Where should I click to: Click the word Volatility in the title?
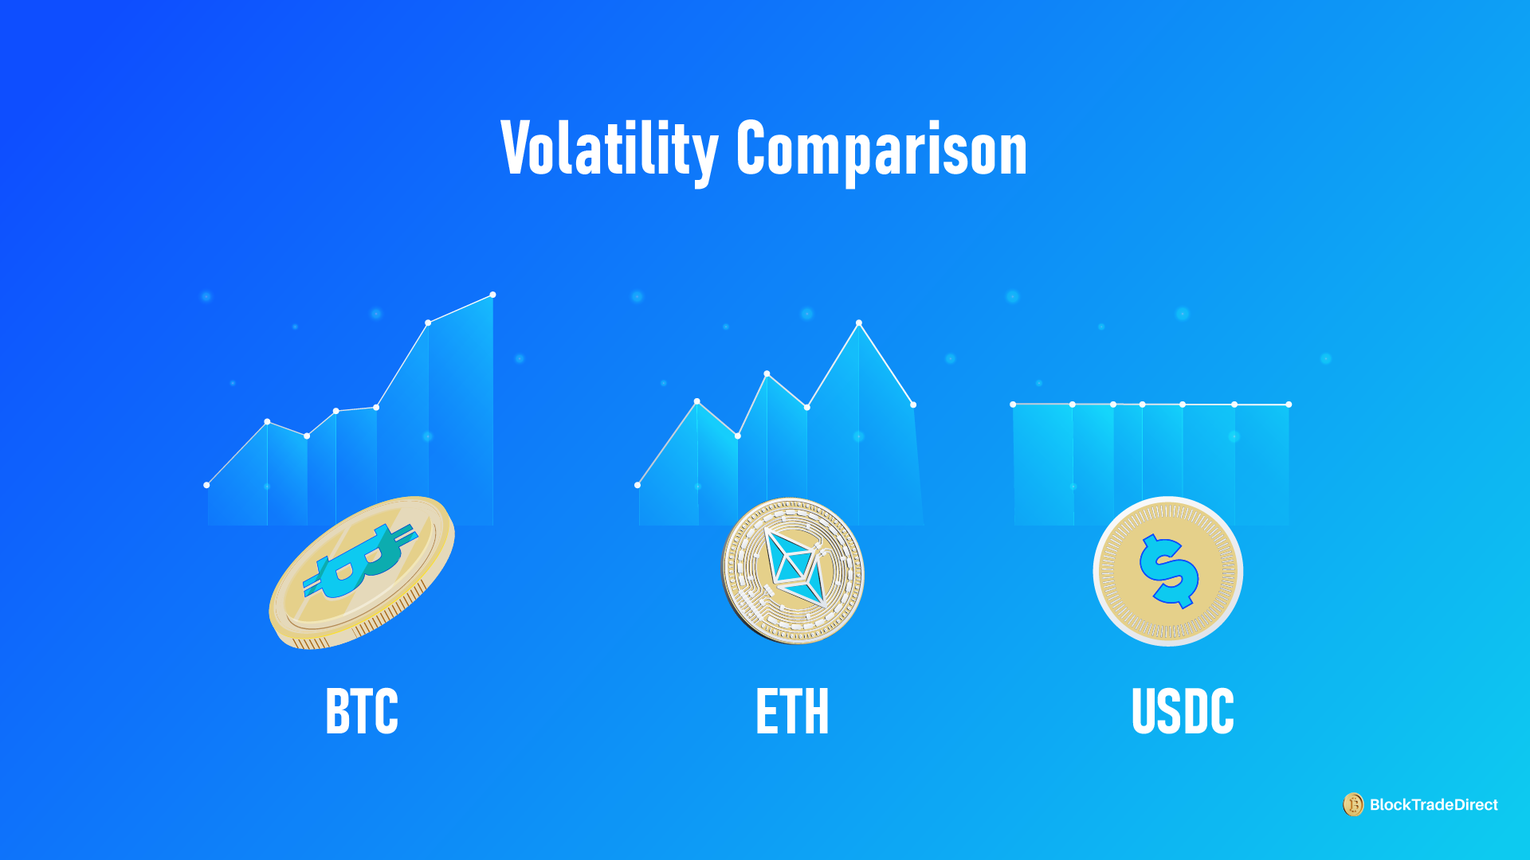click(609, 149)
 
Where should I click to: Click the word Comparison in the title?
click(881, 149)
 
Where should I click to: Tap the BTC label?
click(362, 711)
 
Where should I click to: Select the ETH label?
click(792, 711)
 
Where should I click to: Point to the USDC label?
click(1183, 711)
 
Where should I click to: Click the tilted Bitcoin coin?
click(362, 572)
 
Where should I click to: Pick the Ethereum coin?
click(792, 570)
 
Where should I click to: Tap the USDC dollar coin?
click(1167, 571)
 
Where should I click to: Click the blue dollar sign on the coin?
click(1168, 571)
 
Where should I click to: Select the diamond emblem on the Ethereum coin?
click(793, 567)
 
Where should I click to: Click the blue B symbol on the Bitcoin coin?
click(360, 561)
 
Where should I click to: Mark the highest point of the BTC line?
click(492, 295)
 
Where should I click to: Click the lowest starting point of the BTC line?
click(206, 485)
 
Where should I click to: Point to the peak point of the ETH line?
click(859, 322)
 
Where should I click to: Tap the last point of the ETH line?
click(913, 405)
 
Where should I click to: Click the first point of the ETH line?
click(637, 485)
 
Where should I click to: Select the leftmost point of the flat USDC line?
click(1013, 405)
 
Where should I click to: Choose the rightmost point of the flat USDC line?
click(1289, 405)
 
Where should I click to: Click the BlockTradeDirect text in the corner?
click(1434, 805)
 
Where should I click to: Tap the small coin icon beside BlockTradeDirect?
click(1353, 805)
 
